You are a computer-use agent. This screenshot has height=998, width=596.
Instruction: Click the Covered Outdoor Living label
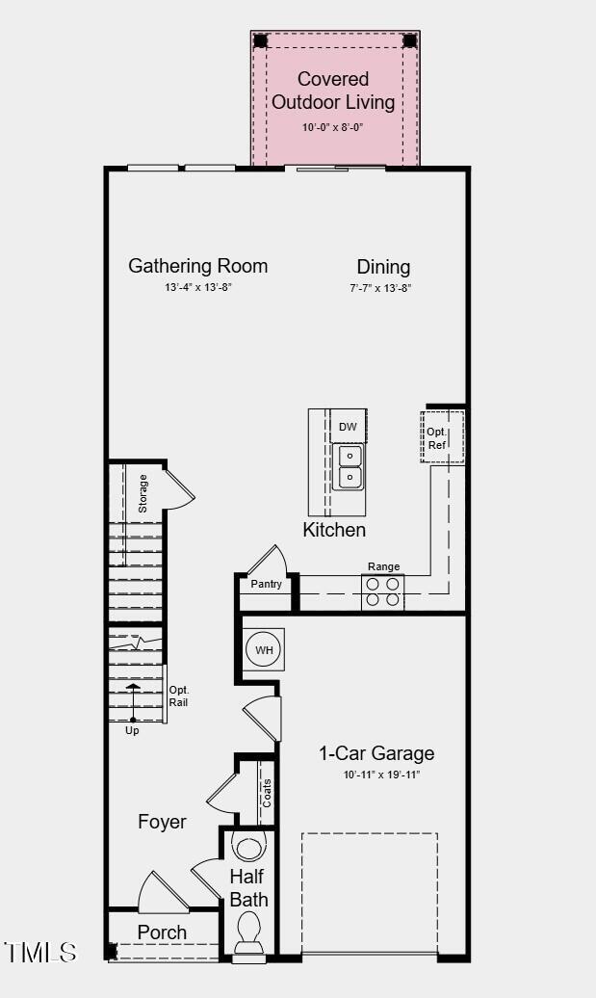tap(333, 91)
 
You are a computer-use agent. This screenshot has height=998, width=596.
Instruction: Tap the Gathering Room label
tap(197, 267)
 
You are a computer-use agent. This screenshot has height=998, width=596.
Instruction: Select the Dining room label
tap(383, 268)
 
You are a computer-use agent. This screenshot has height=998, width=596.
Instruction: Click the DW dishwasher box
tap(349, 427)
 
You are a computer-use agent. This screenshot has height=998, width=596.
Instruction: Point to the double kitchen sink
tap(350, 465)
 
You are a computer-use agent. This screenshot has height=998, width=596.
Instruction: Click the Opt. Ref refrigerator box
tap(438, 438)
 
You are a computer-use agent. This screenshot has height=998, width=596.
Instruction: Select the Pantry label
tap(266, 585)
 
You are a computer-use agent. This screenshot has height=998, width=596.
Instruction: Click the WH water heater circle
tap(264, 650)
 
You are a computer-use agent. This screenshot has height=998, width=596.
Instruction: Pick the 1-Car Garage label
tap(376, 753)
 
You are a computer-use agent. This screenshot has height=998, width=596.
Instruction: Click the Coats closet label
tap(267, 794)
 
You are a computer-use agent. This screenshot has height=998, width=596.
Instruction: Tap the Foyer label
tap(162, 822)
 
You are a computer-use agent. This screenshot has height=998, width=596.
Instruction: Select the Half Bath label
tap(248, 889)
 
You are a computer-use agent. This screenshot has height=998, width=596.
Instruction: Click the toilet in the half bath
tap(248, 932)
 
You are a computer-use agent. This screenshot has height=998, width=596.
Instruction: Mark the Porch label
tap(162, 932)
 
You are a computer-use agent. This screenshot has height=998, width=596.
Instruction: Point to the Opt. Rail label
tap(179, 696)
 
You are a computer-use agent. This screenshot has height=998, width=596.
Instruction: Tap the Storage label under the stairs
tap(143, 493)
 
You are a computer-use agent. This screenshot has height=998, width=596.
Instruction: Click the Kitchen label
tap(334, 530)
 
